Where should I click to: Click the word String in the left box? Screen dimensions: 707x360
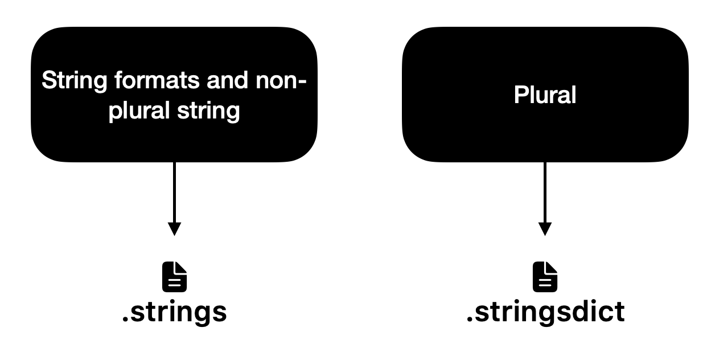point(75,81)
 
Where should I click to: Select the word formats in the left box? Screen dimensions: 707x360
point(157,80)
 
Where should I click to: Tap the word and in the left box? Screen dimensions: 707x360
point(227,80)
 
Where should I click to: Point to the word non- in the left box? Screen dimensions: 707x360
point(281,81)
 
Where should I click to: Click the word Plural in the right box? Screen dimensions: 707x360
point(545,95)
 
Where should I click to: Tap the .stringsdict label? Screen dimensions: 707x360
point(545,312)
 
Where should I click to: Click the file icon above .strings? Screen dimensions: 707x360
point(174,277)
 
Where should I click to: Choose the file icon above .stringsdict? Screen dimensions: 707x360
point(545,277)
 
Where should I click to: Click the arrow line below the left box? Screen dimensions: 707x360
point(174,193)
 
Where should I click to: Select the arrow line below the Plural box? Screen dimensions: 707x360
point(545,193)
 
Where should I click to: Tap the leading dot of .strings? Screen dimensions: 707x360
point(125,319)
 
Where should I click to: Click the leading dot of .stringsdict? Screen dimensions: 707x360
point(470,319)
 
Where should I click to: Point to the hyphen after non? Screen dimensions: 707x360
point(302,81)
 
